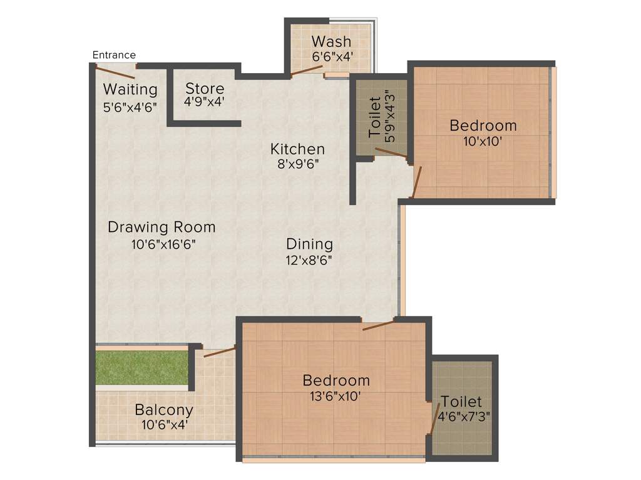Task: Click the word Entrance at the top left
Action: (x=114, y=55)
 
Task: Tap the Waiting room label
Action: (x=130, y=89)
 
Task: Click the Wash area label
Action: (x=331, y=42)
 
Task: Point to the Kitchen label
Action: (x=297, y=149)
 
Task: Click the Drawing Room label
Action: (x=162, y=227)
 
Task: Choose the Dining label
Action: (x=309, y=244)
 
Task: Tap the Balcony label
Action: (x=164, y=411)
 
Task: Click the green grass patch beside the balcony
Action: (x=142, y=368)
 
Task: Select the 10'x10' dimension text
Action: (x=483, y=141)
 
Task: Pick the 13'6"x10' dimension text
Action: (x=336, y=396)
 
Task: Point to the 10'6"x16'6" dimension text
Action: (x=164, y=244)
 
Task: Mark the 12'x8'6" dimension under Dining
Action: (x=309, y=261)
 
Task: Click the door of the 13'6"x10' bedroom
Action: (x=378, y=324)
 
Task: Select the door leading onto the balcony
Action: (x=218, y=352)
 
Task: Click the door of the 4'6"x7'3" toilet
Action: (x=435, y=419)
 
